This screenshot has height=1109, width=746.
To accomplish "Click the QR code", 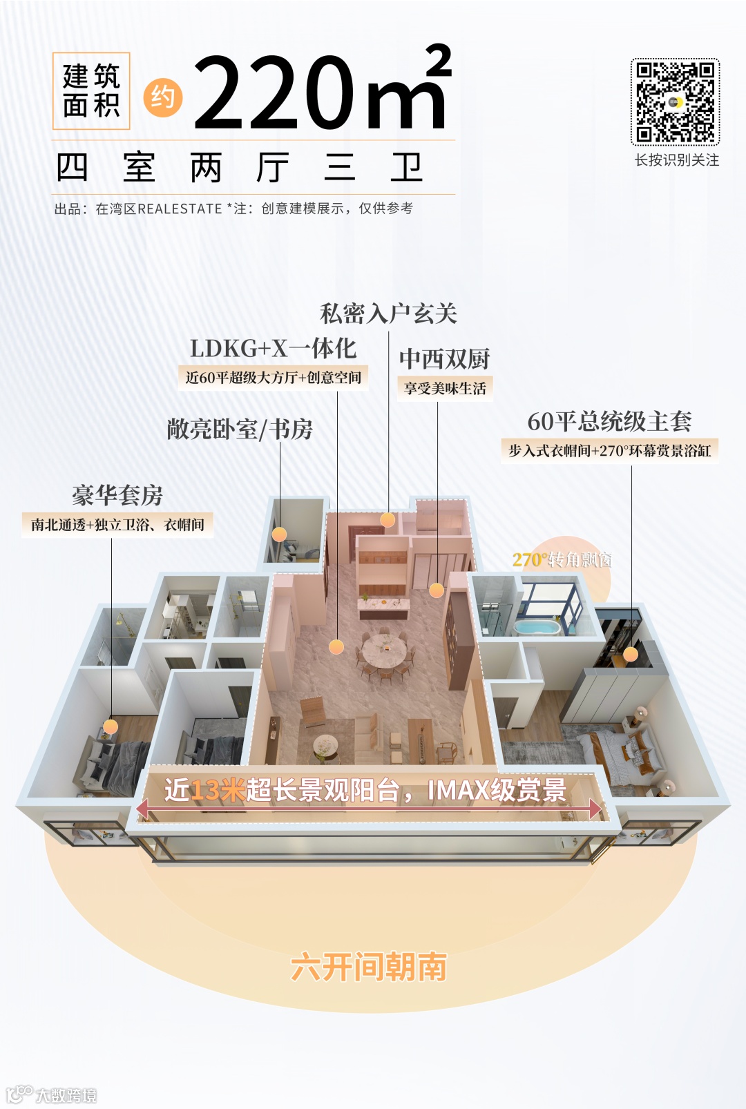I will tap(675, 102).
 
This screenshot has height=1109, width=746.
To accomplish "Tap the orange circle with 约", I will tap(163, 98).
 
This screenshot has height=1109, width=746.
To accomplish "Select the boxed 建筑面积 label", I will tap(91, 91).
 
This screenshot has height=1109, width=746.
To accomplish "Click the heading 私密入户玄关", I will tap(388, 314).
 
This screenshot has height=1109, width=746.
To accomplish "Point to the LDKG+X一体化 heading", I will tap(273, 349).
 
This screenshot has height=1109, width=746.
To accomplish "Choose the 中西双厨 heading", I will tap(444, 359).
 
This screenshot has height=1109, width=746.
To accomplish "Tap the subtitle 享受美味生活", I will tap(445, 388).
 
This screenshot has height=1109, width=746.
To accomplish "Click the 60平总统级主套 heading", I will tap(609, 421).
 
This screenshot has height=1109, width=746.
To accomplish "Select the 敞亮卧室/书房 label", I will tap(240, 430).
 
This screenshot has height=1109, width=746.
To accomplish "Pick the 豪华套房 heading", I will tap(117, 495).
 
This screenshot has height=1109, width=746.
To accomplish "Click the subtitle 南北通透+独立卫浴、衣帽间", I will tap(117, 525).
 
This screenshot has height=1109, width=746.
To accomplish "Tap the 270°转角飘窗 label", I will tap(562, 559).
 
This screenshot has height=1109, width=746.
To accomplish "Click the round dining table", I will tap(384, 650).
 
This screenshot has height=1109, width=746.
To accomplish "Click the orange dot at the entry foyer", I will tap(388, 520).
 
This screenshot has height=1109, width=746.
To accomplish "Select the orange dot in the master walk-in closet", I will tap(631, 654).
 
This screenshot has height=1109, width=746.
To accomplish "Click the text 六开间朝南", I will tap(369, 967).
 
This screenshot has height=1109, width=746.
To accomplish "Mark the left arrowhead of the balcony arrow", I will tap(142, 808).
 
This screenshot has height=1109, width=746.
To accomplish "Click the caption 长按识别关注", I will tap(677, 160).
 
